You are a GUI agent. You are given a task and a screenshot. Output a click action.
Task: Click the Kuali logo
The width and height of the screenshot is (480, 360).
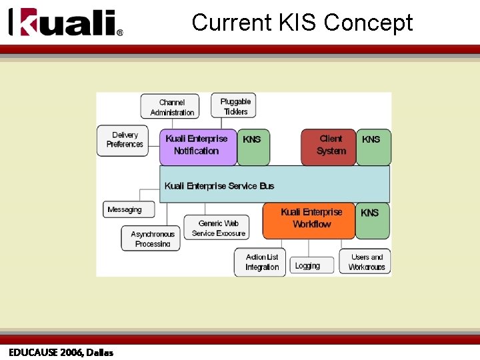coord(65,23)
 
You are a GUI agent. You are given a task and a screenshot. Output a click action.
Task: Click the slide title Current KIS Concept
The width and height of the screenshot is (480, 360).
coord(302,23)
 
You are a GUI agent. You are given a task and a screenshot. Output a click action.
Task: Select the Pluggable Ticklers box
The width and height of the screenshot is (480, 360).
coord(235,106)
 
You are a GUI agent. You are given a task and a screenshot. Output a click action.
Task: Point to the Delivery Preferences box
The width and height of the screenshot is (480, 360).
coord(125,140)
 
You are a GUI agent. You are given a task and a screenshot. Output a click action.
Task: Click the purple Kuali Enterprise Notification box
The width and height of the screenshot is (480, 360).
coord(198,146)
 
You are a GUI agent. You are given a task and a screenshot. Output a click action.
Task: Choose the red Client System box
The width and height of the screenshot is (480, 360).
coord(329,146)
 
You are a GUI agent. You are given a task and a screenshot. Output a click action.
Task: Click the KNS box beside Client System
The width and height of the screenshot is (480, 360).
coord(372,146)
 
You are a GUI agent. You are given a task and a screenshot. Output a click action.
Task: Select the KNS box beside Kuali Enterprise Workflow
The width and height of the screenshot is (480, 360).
coord(371,220)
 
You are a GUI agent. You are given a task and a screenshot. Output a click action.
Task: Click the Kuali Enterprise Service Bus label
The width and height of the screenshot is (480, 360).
coord(219,185)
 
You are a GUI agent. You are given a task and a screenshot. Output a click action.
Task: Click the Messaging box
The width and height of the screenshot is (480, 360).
coord(128,209)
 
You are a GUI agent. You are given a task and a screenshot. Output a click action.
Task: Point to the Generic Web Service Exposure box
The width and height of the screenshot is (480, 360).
coord(219,228)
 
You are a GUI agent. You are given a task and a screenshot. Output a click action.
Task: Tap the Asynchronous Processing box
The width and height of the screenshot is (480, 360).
coord(152,238)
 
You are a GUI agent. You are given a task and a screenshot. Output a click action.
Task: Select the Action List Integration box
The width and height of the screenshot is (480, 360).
coord(261,262)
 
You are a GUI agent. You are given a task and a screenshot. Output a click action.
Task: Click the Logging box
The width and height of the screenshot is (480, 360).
coord(308,265)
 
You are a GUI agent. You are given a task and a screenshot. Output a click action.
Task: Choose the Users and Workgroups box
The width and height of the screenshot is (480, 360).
coord(366,262)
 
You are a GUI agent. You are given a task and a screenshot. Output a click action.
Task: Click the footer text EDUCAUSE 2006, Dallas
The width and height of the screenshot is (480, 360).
coord(61,352)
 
